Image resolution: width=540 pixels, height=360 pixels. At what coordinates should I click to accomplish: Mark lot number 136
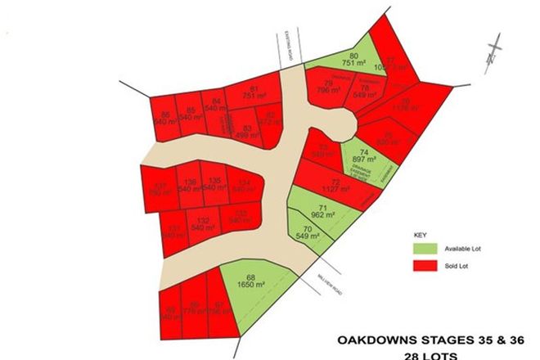(191, 186)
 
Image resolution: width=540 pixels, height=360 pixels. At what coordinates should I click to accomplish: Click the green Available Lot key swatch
(426, 247)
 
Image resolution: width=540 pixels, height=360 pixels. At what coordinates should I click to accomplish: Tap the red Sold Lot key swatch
(426, 267)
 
